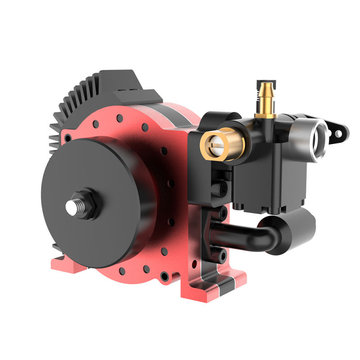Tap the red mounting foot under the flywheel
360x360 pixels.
tap(67, 263)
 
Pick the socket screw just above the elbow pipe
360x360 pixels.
tap(223, 212)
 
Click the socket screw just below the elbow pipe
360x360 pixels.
tap(223, 257)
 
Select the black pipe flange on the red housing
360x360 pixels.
tap(214, 234)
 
